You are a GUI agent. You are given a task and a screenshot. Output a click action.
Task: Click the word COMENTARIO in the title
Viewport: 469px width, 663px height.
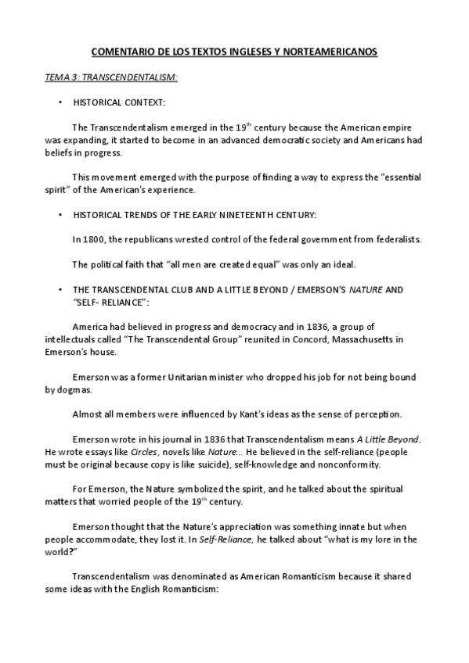119,52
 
